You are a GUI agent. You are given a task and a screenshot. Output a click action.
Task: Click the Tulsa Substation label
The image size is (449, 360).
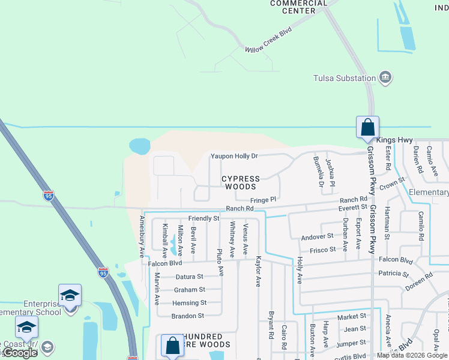coord(345,78)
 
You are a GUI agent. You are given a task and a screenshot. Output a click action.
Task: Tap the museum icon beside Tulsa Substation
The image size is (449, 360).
coord(385,77)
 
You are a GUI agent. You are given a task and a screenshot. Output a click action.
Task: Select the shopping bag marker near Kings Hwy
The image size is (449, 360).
coord(367,128)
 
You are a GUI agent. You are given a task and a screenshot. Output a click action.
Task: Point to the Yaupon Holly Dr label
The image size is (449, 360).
coord(234,156)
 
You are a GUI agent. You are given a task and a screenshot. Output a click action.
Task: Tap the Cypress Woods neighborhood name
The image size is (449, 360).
coord(241,182)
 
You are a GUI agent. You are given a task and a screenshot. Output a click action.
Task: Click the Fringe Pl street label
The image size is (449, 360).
coord(264,199)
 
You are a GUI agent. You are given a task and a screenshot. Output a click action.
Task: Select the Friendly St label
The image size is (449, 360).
coord(204,218)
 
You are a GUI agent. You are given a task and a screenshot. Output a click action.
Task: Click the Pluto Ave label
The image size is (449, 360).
coord(220,262)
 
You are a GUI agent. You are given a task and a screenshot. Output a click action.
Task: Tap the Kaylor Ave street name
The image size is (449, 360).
coord(258,271)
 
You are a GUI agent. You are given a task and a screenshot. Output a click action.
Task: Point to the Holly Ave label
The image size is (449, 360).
coord(299,270)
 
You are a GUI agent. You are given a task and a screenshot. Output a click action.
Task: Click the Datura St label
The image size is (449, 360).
coord(190,277)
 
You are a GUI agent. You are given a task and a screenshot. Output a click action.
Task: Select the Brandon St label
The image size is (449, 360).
coord(188,316)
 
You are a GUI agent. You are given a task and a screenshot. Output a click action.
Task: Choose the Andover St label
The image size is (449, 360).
coord(317,236)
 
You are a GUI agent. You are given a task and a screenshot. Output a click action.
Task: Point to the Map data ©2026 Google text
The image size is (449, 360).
coord(412,355)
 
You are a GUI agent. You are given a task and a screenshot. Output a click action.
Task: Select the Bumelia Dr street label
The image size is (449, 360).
coord(318,172)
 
